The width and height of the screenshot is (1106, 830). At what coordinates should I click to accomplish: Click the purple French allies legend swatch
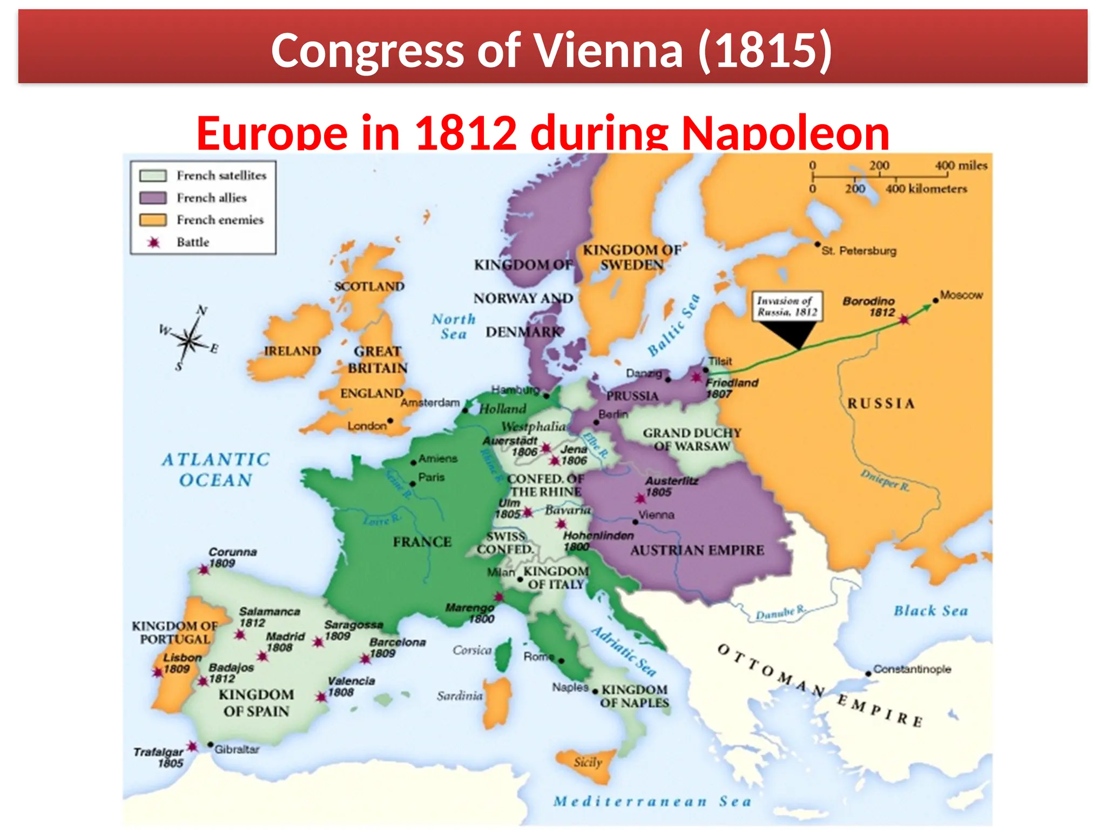tap(153, 198)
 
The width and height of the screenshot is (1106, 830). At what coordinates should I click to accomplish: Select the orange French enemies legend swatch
tap(153, 220)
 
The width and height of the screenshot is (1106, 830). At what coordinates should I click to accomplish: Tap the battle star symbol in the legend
tap(154, 243)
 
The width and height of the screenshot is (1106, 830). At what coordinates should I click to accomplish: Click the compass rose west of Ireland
tap(188, 340)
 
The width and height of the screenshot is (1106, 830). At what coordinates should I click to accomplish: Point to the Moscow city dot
tap(935, 300)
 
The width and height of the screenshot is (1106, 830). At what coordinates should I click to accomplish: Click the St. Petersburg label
tap(859, 251)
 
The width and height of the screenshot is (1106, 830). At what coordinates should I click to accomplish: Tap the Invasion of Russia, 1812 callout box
tap(787, 307)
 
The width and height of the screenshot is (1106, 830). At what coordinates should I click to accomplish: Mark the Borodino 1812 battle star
tap(904, 320)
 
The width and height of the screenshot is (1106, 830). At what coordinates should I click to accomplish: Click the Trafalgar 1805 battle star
tap(192, 747)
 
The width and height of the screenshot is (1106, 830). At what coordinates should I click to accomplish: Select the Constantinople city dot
tap(868, 673)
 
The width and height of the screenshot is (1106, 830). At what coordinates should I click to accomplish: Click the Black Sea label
tap(930, 611)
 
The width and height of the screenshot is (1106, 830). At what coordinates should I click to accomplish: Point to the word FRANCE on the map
tap(422, 542)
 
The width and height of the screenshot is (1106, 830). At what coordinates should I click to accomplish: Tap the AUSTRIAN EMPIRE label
tap(697, 551)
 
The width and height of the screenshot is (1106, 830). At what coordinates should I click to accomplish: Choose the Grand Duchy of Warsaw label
tap(692, 440)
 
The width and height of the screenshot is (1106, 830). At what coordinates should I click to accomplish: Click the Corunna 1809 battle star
tap(204, 570)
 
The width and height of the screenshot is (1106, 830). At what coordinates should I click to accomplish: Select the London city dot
tap(390, 421)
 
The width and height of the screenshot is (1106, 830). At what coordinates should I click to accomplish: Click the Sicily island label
tap(588, 762)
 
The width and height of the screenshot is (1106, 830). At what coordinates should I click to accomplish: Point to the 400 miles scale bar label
tap(961, 165)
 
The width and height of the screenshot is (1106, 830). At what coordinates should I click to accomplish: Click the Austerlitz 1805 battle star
tap(640, 498)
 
